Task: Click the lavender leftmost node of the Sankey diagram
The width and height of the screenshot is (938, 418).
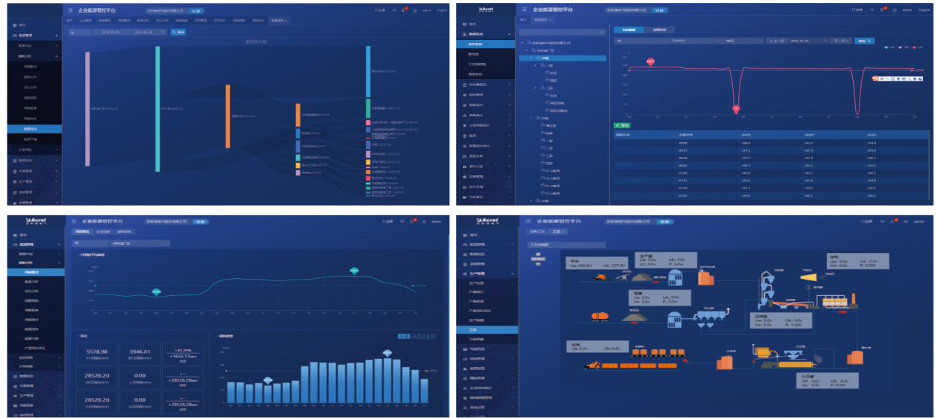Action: [x=87, y=109]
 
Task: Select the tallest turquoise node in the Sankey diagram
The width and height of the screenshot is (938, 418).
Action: [x=158, y=109]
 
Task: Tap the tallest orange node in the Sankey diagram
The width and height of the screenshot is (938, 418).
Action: [x=228, y=116]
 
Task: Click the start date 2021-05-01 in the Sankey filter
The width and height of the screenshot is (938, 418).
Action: [x=113, y=33]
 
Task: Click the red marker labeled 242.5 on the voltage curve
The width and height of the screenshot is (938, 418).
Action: [x=651, y=61]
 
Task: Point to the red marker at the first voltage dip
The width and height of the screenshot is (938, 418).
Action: [x=736, y=109]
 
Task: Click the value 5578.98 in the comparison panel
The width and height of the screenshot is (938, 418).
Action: [x=98, y=351]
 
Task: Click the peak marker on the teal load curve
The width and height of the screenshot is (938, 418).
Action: [x=355, y=271]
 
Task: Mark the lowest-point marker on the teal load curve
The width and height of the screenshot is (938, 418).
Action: [x=156, y=291]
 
